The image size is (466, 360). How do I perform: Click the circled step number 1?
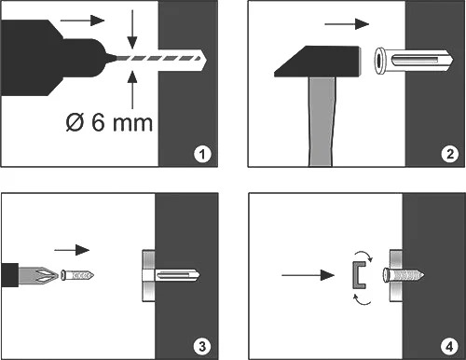pos(202,154)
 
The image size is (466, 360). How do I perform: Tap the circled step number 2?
pos(450,154)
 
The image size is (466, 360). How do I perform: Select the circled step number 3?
pos(202,346)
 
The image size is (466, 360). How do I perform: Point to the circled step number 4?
pos(449,346)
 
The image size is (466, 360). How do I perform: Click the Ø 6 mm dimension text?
pos(109,122)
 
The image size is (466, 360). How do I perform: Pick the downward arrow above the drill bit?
pos(132,29)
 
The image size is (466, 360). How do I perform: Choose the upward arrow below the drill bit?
pos(132,90)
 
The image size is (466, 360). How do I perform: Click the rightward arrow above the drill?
pos(82,21)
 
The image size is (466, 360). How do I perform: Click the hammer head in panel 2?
pos(318,62)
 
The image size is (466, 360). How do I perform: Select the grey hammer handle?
pos(322,121)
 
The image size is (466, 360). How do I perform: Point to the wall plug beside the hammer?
pos(414,61)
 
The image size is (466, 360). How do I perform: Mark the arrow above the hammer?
pos(347,24)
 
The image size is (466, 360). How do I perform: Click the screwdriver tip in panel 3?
pos(38,275)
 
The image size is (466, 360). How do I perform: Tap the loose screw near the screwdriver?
pos(77,275)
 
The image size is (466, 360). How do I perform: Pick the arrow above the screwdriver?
pos(72,250)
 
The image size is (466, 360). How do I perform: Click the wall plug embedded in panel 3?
pos(171,275)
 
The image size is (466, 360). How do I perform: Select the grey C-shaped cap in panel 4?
pos(359,275)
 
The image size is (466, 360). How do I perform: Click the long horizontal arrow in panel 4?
pos(308,275)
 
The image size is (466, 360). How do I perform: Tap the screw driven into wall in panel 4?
pos(404,275)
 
